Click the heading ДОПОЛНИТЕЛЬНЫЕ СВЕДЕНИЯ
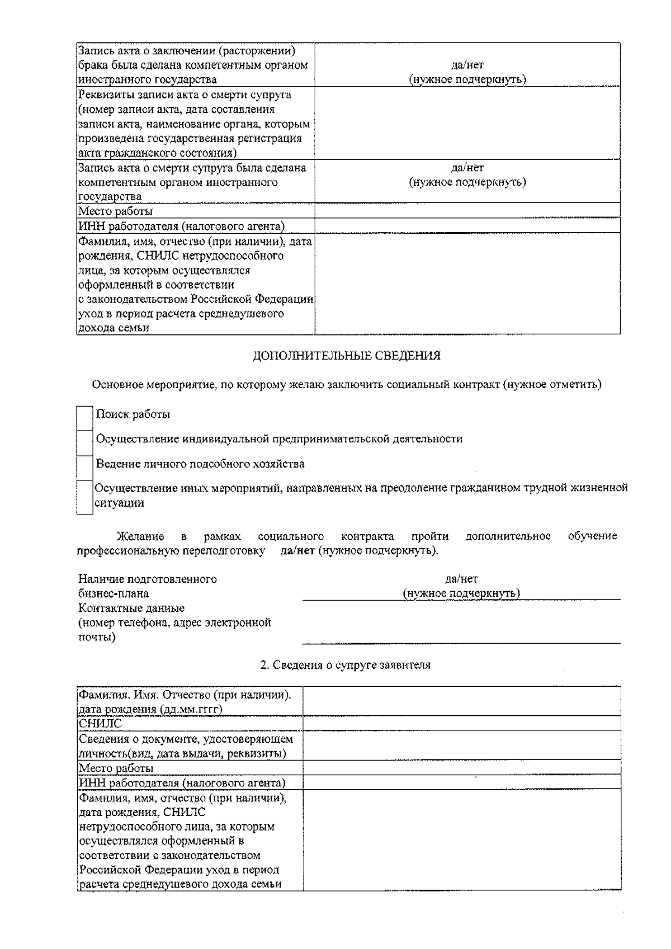pyautogui.click(x=346, y=356)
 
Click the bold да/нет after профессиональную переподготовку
pyautogui.click(x=297, y=550)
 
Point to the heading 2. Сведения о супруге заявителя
pyautogui.click(x=346, y=665)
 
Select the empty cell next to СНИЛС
pyautogui.click(x=461, y=724)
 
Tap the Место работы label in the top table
pyautogui.click(x=115, y=211)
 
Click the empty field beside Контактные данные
pyautogui.click(x=461, y=629)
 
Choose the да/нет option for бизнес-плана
pyautogui.click(x=461, y=579)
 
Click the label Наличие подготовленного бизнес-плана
pyautogui.click(x=148, y=586)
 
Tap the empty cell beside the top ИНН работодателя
pyautogui.click(x=467, y=226)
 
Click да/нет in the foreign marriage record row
pyautogui.click(x=467, y=65)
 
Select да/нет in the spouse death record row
pyautogui.click(x=467, y=168)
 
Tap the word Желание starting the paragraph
pyautogui.click(x=140, y=536)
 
